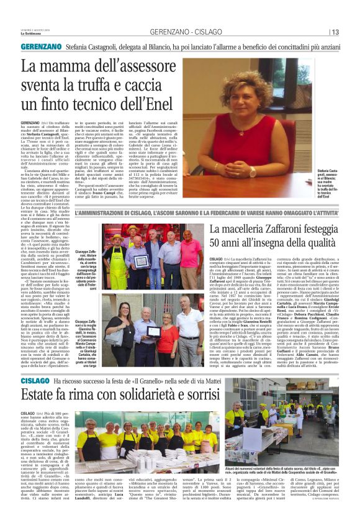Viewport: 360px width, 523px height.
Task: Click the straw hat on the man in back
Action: (131, 230)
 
